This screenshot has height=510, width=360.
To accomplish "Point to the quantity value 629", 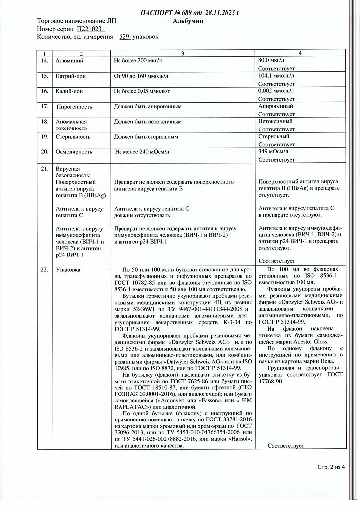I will tap(124, 37).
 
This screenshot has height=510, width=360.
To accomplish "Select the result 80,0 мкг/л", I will tap(274, 60).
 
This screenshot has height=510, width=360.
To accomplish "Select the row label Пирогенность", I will tap(74, 106).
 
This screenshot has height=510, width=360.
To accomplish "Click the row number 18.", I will tap(44, 122).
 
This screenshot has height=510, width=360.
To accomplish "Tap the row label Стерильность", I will tap(73, 136).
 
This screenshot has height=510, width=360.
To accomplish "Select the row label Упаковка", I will tap(69, 269).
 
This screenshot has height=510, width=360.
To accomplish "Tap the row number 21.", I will tap(44, 169).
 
